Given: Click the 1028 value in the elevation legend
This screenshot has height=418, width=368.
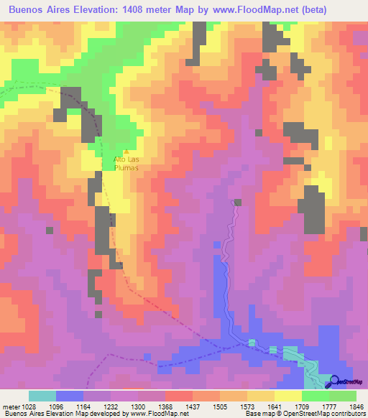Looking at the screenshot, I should click(x=29, y=407).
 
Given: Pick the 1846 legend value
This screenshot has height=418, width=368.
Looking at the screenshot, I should click(x=356, y=407).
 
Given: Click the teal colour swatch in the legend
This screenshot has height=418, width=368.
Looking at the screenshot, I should click(x=42, y=396).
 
